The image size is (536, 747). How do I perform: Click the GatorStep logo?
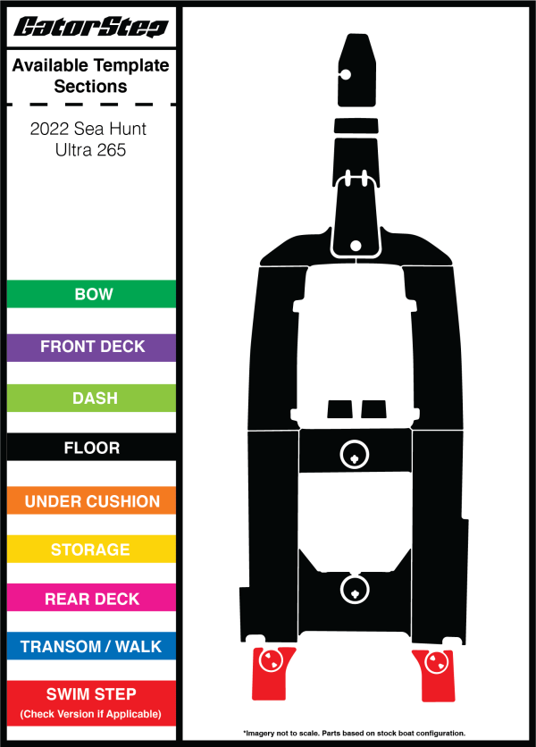[90, 27]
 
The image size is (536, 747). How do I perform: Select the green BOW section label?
[91, 294]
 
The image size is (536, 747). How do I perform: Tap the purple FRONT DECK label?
[91, 348]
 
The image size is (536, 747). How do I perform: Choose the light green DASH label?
[91, 398]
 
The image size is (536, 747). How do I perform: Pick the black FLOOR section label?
[91, 447]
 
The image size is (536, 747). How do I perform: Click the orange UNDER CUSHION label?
[91, 500]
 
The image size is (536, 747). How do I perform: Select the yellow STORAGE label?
[91, 550]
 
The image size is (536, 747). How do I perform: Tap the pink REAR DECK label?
[91, 598]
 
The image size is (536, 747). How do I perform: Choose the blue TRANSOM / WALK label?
[91, 647]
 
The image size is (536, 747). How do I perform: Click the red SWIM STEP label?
[91, 703]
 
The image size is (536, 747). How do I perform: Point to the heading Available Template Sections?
[90, 76]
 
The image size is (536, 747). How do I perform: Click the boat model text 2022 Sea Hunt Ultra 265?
[89, 139]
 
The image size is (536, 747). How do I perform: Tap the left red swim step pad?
[272, 674]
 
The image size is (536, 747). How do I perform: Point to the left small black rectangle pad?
[339, 409]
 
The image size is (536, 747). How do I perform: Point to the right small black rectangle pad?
[373, 409]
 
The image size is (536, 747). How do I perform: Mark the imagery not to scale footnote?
[354, 734]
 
